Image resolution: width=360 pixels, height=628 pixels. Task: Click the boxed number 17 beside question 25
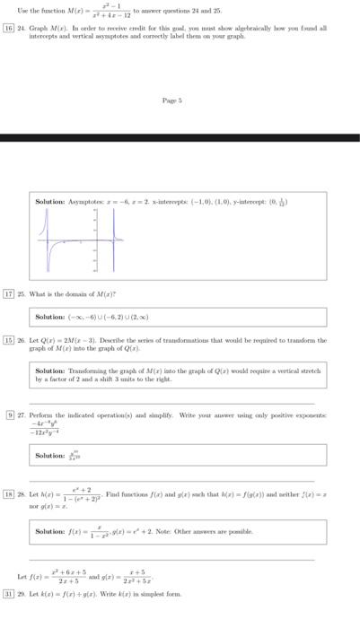9,293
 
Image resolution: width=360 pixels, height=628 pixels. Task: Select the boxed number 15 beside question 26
9,341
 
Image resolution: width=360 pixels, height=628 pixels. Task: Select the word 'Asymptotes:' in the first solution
88,202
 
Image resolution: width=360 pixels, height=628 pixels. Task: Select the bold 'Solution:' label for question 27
50,456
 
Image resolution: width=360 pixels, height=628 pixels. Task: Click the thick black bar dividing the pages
180,138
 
